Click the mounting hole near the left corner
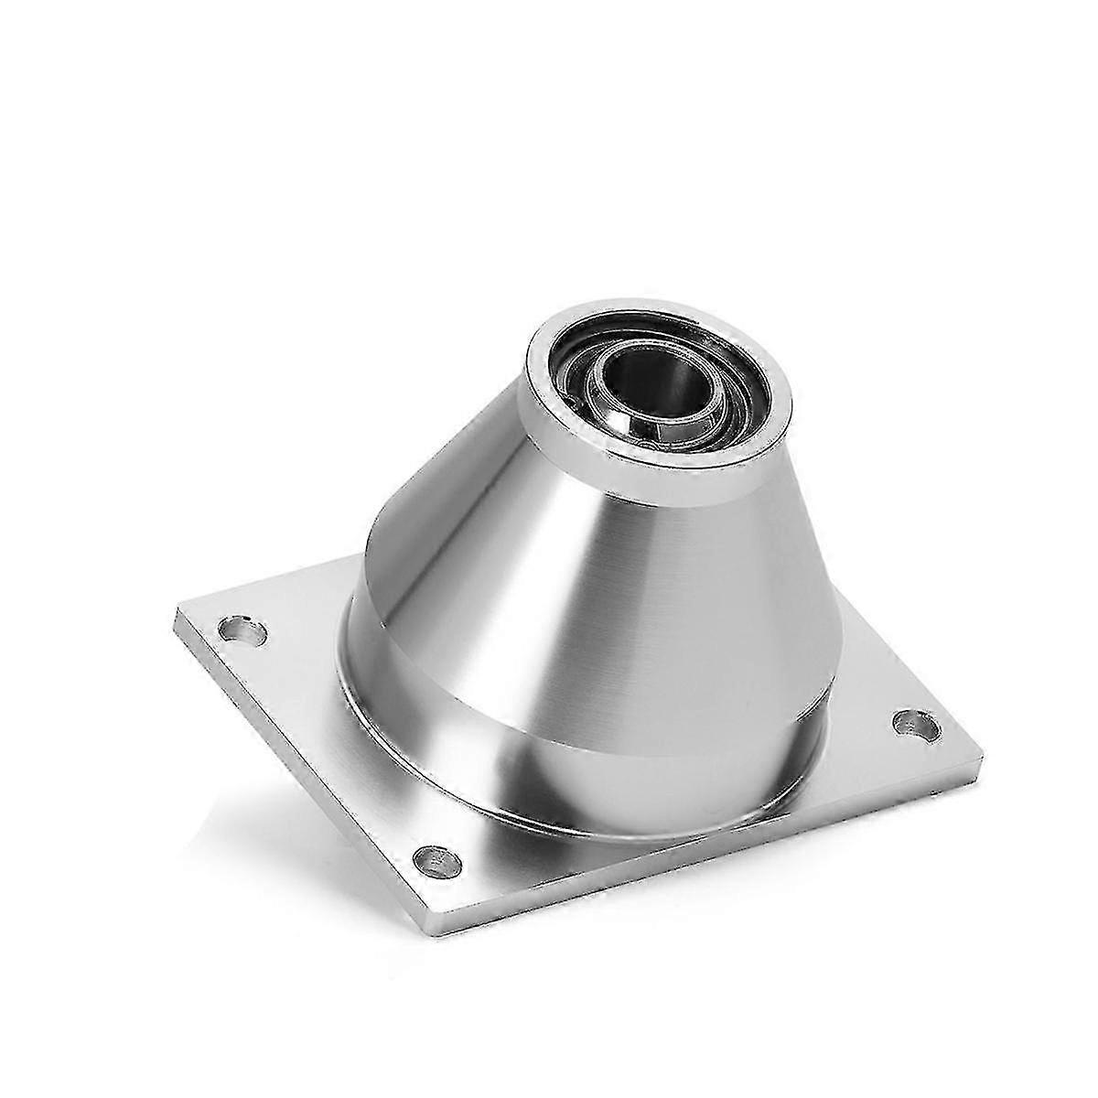pos(243,630)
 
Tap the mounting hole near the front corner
pos(437,857)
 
